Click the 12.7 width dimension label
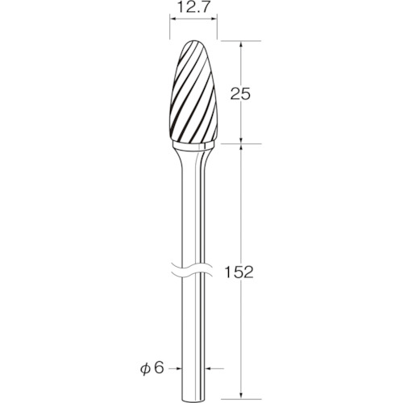[x=193, y=8]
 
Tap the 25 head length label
[x=240, y=94]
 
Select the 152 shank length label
[x=239, y=272]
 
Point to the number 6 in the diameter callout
[x=159, y=368]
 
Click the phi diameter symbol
[x=145, y=369]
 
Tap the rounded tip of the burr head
[x=193, y=41]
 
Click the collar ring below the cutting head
[x=193, y=147]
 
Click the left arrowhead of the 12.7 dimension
[x=172, y=19]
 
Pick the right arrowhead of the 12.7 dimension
[x=214, y=19]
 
